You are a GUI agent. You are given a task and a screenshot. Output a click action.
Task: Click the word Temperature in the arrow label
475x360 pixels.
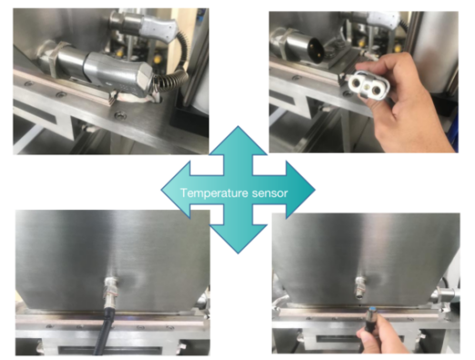pos(214,193)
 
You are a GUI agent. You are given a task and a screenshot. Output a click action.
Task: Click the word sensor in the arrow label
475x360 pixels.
pos(269,194)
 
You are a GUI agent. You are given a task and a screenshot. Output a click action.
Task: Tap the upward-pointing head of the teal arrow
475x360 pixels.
pos(238,141)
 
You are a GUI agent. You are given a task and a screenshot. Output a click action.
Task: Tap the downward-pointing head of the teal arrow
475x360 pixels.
pos(238,239)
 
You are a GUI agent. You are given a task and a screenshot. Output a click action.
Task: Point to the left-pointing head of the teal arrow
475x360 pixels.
pos(176,190)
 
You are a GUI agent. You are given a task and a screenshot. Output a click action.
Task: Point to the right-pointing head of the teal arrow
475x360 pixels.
pos(300,190)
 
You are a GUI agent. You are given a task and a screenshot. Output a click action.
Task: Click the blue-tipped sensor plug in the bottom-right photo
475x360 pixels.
pos(370,315)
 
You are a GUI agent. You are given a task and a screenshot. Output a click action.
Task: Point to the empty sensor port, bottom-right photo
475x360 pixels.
pos(360,286)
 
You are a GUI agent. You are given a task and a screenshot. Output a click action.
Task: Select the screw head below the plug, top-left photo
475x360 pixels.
pos(118,115)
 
